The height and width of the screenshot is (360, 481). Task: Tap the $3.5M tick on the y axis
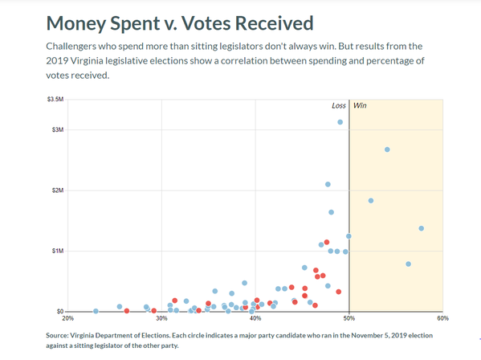point(55,99)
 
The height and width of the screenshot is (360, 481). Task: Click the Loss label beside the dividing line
point(339,105)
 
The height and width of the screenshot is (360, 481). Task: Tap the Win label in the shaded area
point(359,105)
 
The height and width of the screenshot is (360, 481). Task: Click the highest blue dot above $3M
point(340,122)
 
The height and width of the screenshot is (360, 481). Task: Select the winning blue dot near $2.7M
point(387,149)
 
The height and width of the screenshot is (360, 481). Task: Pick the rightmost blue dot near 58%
point(422,228)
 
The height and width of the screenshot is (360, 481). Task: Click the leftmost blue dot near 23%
point(96,311)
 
